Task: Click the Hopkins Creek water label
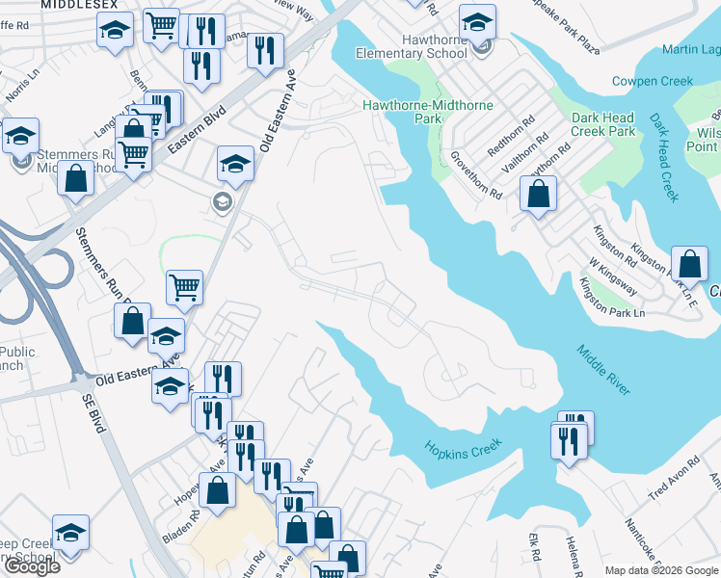point(464,448)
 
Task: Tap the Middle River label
point(604,369)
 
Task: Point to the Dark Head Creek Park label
point(603,124)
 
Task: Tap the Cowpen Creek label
point(653,82)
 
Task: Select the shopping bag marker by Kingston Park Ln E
point(690,264)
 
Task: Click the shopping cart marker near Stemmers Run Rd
point(184,286)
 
